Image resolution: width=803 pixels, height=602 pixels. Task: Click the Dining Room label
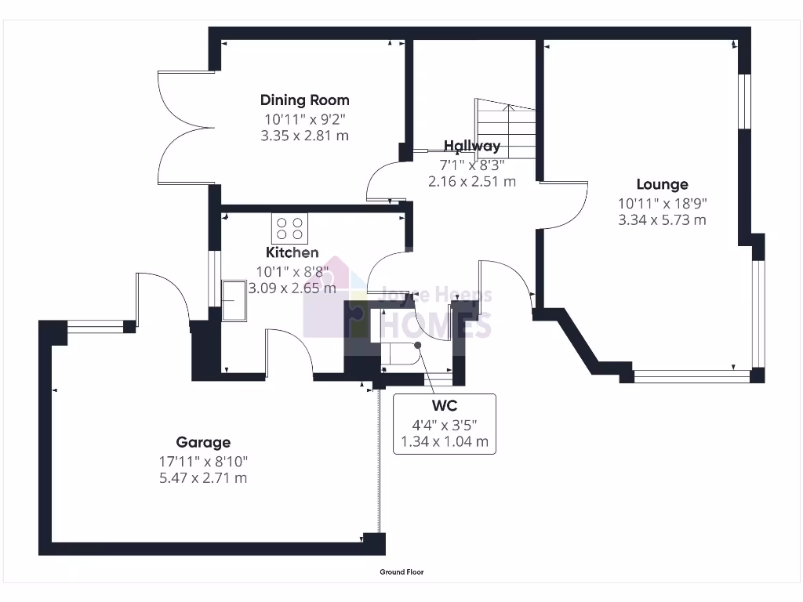[305, 100]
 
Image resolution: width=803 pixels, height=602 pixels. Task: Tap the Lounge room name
[662, 185]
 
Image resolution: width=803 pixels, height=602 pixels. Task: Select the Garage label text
[203, 443]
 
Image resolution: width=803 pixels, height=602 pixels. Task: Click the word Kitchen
[292, 252]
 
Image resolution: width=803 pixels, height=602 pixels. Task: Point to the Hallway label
[471, 146]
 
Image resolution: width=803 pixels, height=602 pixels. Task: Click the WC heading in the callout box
[444, 406]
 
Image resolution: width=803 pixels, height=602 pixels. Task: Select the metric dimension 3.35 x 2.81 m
[305, 136]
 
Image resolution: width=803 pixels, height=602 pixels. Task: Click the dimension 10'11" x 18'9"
[662, 203]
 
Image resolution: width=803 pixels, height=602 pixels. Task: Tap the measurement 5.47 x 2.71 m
[203, 477]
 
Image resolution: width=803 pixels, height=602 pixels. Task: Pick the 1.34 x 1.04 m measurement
[444, 442]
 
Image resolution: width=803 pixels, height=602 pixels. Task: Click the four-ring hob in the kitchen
[290, 228]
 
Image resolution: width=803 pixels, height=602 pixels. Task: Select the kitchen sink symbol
[233, 300]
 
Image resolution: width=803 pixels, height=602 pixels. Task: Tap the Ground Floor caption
[401, 572]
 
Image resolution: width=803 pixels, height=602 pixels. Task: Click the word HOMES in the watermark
[438, 322]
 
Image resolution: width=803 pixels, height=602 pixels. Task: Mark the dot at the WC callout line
[418, 344]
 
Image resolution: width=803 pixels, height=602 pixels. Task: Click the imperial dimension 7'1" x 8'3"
[471, 165]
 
